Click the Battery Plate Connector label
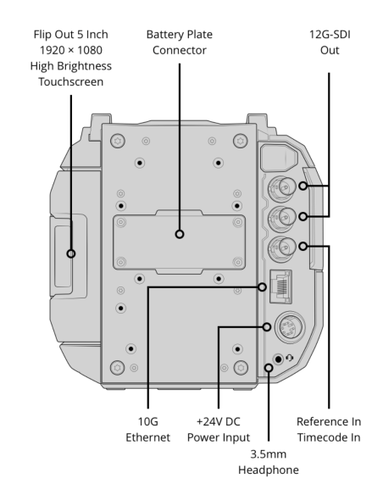click(x=179, y=42)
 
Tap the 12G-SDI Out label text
click(x=330, y=42)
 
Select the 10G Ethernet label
click(x=147, y=430)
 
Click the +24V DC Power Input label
click(x=219, y=430)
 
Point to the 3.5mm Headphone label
click(x=268, y=462)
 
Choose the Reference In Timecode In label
click(x=329, y=430)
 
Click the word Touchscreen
click(x=71, y=81)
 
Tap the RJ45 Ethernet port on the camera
click(x=280, y=286)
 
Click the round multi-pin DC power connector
click(x=291, y=326)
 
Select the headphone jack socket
click(x=278, y=359)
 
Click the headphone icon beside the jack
click(x=289, y=358)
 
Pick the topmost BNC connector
click(x=282, y=187)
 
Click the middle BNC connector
click(x=282, y=218)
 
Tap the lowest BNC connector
click(x=282, y=247)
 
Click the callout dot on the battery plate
click(x=180, y=234)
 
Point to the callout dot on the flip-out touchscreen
click(x=71, y=253)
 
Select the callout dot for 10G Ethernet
click(x=262, y=287)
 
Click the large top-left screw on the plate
click(x=118, y=141)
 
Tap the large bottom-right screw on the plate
click(x=241, y=368)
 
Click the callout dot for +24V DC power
click(x=267, y=326)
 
